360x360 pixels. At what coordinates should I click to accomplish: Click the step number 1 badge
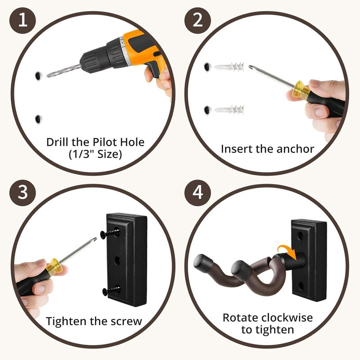[22, 20]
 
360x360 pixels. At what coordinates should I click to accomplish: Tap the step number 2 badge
[198, 20]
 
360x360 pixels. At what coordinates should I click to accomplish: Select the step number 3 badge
[22, 193]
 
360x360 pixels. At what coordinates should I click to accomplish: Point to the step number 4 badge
[198, 193]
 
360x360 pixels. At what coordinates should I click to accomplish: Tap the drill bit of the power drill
[64, 71]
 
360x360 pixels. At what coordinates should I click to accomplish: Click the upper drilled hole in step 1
[38, 76]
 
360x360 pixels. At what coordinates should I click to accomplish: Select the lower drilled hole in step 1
[38, 119]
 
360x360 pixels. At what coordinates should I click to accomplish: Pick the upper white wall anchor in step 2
[229, 67]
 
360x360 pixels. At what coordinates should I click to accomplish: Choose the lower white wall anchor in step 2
[229, 110]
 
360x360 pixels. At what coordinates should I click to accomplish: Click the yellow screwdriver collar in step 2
[301, 89]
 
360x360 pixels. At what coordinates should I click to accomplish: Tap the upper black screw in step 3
[110, 234]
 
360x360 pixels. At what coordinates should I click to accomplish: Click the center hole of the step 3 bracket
[117, 261]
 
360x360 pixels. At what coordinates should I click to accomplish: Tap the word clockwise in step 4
[287, 318]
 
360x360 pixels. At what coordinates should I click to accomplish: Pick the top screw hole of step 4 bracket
[300, 236]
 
